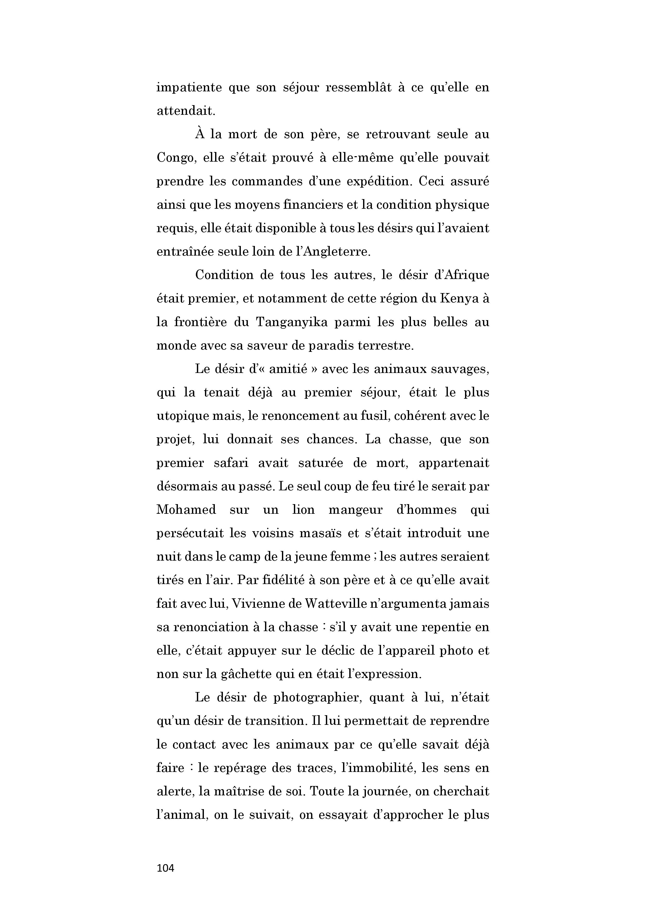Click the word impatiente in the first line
189,87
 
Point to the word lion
303,510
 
